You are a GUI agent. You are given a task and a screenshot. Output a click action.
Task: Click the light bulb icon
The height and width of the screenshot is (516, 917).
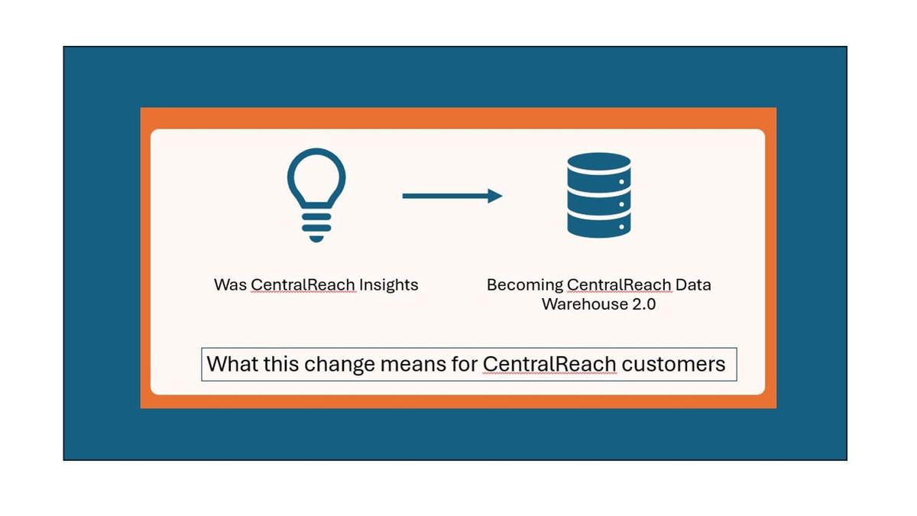coord(316,191)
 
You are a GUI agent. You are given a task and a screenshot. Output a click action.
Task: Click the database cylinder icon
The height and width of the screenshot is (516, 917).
coord(598,194)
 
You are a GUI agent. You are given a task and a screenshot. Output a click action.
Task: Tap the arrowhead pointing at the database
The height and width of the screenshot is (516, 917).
coord(495,196)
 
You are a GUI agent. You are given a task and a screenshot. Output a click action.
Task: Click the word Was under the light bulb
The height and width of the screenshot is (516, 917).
coord(230,285)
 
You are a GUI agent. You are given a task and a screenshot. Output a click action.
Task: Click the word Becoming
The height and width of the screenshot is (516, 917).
coord(524,285)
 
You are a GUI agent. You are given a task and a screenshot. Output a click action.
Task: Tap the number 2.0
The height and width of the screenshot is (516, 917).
coord(641,304)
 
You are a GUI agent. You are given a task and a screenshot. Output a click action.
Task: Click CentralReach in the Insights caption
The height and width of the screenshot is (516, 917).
coord(303,285)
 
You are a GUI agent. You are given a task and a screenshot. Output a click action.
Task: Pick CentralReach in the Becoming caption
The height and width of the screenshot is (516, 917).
coord(619,285)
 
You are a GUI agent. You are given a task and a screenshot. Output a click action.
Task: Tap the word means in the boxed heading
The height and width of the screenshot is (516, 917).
coord(413,364)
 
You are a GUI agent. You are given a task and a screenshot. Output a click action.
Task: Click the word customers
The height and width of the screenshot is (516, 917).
coord(673,364)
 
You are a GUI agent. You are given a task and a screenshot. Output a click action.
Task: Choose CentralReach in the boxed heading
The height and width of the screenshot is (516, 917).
coord(549,364)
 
